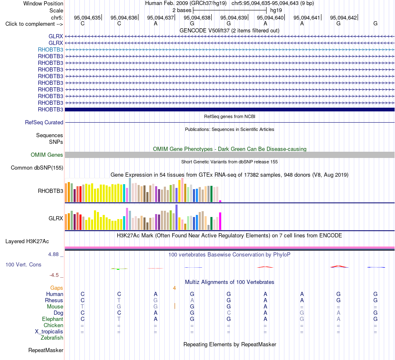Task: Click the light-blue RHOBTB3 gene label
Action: (50, 49)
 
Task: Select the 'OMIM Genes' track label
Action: (47, 155)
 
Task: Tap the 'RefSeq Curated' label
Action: (44, 123)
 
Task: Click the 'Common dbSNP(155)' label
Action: (37, 168)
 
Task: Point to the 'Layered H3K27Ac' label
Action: (27, 242)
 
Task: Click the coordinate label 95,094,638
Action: (197, 17)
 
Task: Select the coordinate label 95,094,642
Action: (343, 17)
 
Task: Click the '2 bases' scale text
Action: (182, 10)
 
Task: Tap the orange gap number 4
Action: (174, 288)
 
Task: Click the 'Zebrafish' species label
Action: (52, 338)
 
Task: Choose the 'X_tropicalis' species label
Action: (49, 332)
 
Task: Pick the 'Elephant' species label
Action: (53, 319)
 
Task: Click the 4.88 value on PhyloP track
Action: (53, 254)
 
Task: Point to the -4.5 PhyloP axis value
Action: (54, 275)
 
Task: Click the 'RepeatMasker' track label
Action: (46, 350)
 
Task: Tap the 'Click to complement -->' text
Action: (34, 24)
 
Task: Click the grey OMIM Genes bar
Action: (230, 155)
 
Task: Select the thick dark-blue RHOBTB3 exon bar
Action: (230, 110)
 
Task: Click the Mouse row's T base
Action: (82, 307)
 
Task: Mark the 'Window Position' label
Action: (43, 3)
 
